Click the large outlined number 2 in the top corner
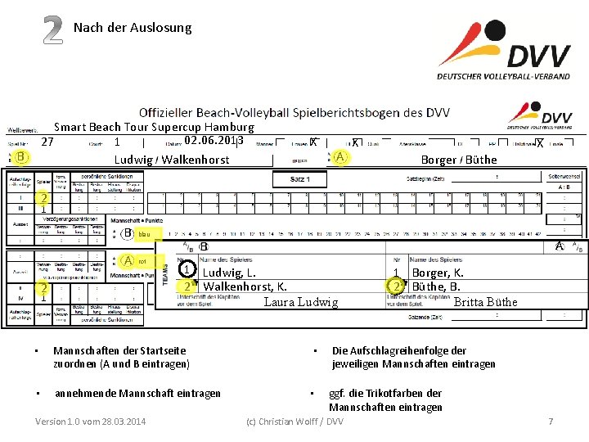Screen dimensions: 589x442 click(x=52, y=30)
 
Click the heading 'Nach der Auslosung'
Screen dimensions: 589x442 click(x=133, y=28)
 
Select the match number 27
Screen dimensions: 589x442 click(x=47, y=142)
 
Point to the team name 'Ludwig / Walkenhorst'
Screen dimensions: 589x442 click(x=172, y=160)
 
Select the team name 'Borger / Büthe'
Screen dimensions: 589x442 click(x=458, y=160)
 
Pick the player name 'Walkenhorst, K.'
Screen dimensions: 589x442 click(x=245, y=286)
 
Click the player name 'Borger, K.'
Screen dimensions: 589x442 click(x=438, y=273)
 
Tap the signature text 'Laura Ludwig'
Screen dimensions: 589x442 click(x=300, y=302)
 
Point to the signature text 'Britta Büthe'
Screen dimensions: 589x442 click(x=485, y=302)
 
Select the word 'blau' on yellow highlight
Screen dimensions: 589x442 click(x=144, y=235)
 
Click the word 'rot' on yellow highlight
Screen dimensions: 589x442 click(x=142, y=261)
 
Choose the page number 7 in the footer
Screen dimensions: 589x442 click(x=551, y=422)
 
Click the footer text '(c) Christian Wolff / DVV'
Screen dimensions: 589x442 click(x=294, y=422)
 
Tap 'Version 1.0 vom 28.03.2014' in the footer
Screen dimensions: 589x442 click(x=91, y=422)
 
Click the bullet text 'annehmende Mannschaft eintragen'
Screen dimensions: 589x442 click(x=137, y=394)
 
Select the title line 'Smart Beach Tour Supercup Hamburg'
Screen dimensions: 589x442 click(x=154, y=127)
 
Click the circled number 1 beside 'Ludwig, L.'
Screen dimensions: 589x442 click(x=187, y=269)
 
